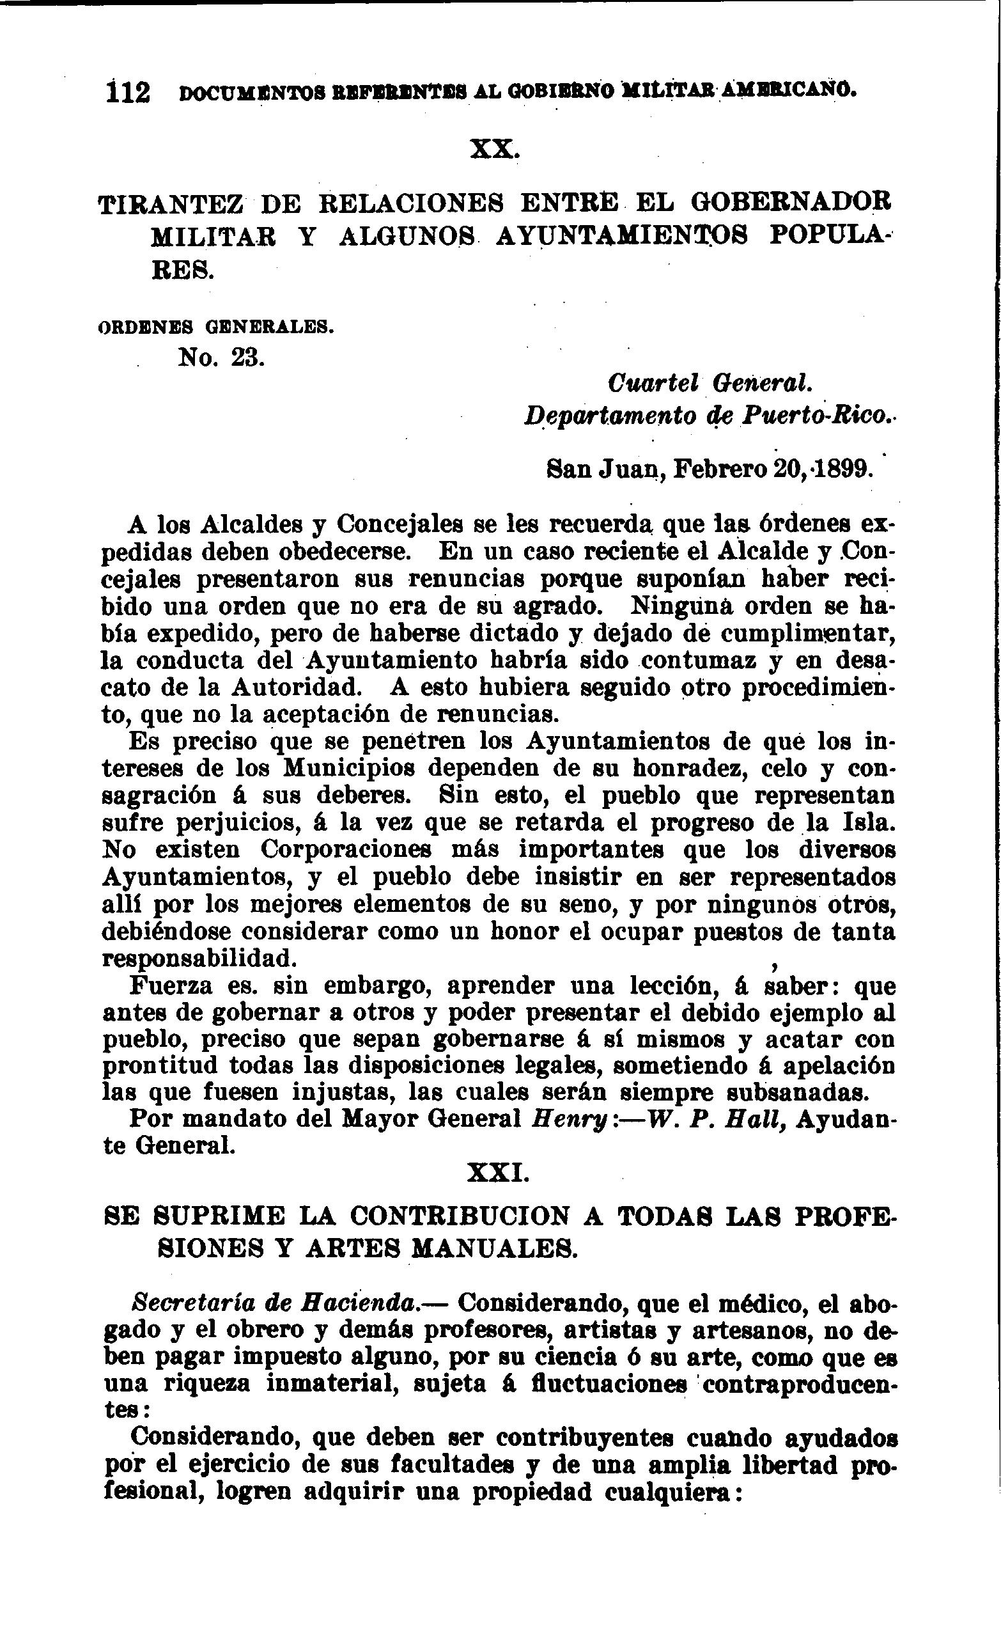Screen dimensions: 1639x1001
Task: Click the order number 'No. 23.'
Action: pyautogui.click(x=221, y=358)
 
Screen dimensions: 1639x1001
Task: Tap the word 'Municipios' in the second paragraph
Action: pyautogui.click(x=349, y=767)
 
